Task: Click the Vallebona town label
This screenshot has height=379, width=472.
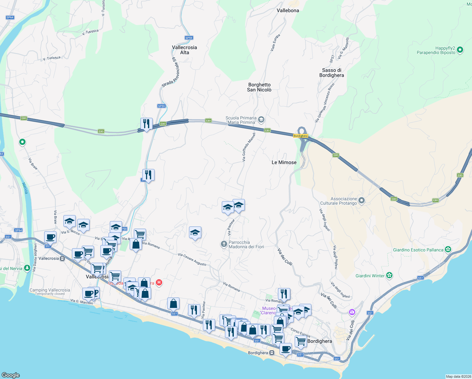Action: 288,10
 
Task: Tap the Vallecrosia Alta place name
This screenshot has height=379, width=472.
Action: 185,50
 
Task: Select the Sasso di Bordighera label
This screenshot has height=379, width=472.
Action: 332,73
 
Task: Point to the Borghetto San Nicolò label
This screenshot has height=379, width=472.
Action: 259,87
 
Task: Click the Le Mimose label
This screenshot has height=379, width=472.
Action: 284,162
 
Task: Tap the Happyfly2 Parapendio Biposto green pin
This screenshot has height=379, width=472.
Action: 460,50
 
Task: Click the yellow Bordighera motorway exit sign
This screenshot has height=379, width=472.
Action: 300,136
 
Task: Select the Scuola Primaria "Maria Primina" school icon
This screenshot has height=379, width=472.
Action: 261,119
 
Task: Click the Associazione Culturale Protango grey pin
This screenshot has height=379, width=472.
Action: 362,200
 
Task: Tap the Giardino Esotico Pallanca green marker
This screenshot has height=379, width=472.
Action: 448,250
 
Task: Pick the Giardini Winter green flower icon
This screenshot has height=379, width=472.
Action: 389,275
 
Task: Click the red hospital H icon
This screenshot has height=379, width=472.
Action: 159,282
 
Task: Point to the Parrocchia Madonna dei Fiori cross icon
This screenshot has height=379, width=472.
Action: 224,244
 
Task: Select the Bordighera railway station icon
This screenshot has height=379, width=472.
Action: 272,353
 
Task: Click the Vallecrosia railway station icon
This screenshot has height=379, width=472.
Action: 62,258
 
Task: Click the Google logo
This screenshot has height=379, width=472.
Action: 11,375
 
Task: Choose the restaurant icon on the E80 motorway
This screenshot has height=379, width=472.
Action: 146,123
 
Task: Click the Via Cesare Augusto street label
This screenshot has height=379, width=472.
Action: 192,259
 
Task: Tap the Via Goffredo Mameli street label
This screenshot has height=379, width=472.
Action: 249,147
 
